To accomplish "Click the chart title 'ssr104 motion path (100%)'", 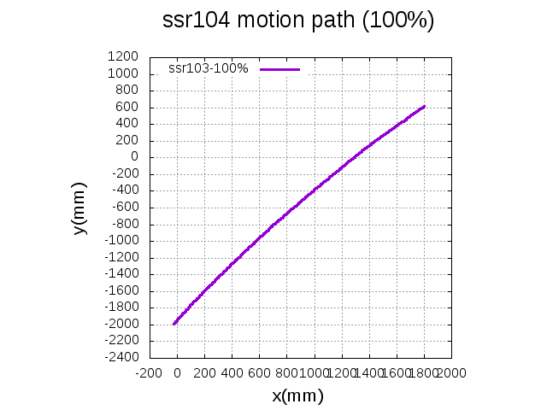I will click(x=298, y=21).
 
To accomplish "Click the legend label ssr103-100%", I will click(x=209, y=68).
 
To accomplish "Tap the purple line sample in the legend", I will click(x=279, y=68).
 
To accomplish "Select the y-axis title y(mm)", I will click(x=79, y=208).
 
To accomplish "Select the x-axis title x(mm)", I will click(x=297, y=395).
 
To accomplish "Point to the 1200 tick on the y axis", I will click(x=122, y=56).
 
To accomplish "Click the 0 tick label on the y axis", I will click(x=133, y=157).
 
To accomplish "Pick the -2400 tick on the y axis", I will click(x=120, y=357).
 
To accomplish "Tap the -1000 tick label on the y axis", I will click(x=120, y=240).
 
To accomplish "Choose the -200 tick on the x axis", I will click(x=150, y=372).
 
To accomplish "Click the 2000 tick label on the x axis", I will click(x=450, y=372).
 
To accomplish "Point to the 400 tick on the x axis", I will click(x=232, y=372).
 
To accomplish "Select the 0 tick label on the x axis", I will click(x=177, y=372).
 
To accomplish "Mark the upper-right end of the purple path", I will click(x=424, y=107).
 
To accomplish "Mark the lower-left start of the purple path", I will click(x=174, y=324).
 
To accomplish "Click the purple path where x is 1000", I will click(x=314, y=189).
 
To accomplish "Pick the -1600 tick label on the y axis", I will click(x=120, y=290).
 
